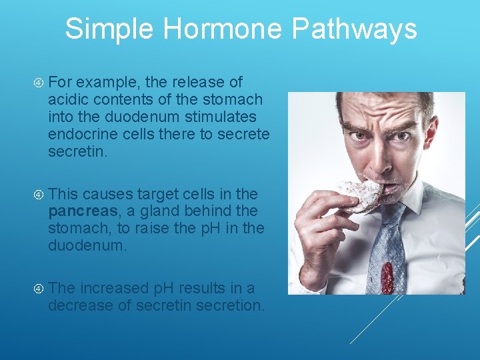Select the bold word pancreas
[79, 211]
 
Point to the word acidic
[67, 100]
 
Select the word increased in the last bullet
[115, 289]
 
